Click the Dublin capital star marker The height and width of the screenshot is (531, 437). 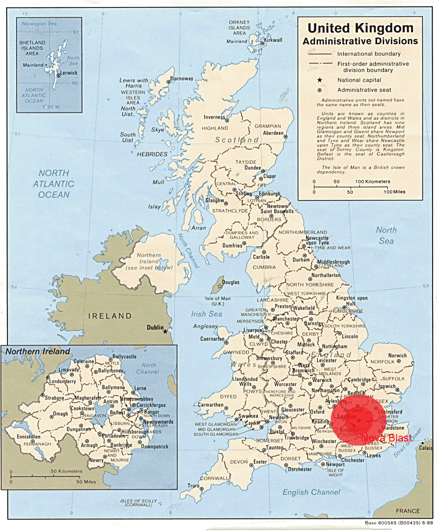pos(165,331)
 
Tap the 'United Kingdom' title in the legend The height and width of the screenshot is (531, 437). pos(360,28)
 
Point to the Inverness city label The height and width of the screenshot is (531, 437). pos(214,117)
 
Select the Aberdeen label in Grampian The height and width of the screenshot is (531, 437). pos(273,133)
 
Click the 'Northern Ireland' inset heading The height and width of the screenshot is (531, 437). pos(38,352)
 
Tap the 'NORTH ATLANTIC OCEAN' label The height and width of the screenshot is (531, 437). pos(54,184)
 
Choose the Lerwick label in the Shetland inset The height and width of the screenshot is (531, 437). pos(69,73)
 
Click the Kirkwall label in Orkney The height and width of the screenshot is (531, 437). pos(274,40)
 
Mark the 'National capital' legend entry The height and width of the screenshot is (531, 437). pos(359,80)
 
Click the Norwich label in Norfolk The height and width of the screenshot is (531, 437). pos(397,355)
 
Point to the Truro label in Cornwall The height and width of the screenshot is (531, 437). pos(193,486)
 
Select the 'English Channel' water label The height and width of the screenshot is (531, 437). pos(311,492)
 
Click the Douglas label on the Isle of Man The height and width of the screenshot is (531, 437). pos(231,283)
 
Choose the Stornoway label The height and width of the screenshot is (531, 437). pos(182,79)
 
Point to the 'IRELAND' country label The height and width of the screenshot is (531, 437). pos(110,316)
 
